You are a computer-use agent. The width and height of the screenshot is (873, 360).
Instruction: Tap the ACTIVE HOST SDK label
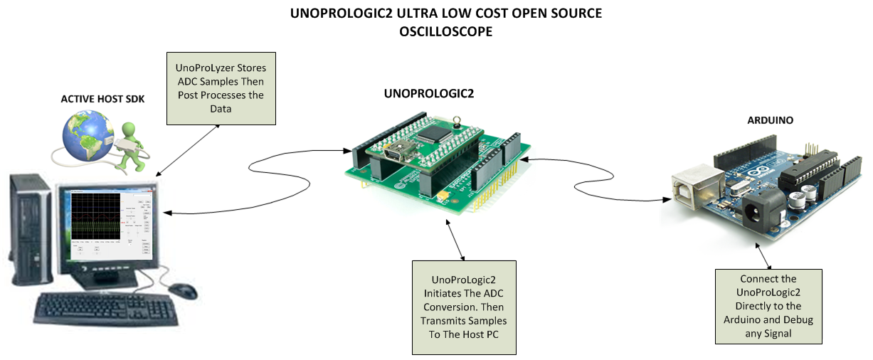pos(102,99)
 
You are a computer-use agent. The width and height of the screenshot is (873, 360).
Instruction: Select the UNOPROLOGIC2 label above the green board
pos(428,93)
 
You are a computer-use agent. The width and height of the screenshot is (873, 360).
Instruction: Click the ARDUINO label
pos(770,120)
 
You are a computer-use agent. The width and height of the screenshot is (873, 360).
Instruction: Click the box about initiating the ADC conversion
pos(463,307)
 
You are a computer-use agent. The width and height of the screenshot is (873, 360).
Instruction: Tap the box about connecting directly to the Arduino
pos(768,306)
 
